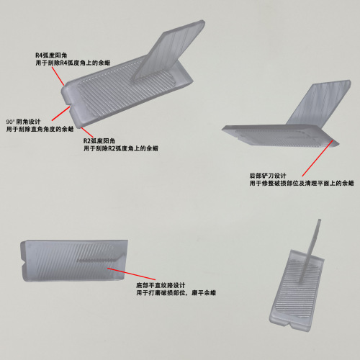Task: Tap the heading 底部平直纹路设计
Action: [x=161, y=285]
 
